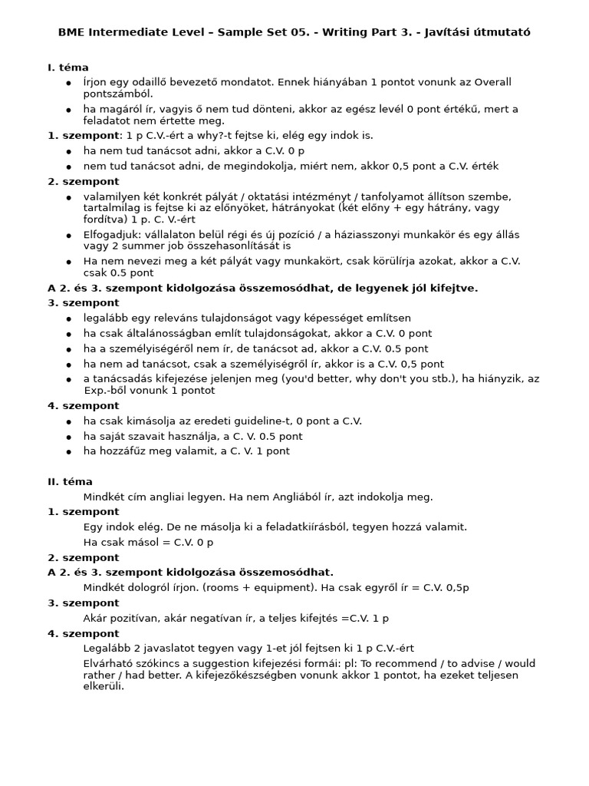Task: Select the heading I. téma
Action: pos(68,68)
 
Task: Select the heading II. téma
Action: pos(70,482)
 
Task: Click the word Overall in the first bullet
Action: pos(492,82)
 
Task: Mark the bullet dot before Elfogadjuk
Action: pos(69,236)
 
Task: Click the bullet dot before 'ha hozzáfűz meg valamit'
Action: pos(69,452)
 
